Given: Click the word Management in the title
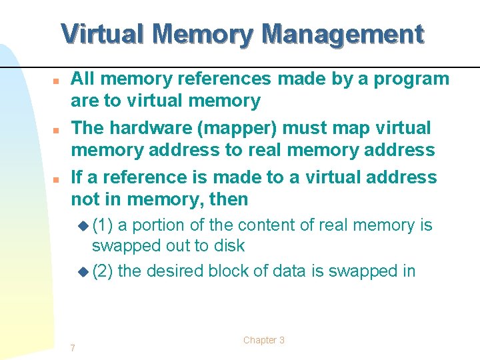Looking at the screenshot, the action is click(343, 33).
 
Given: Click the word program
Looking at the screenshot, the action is click(412, 79).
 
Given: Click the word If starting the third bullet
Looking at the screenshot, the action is click(77, 177).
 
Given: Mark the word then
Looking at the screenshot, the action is click(227, 199).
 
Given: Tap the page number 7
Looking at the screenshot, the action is click(73, 347).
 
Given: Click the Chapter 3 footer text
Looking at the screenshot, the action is click(264, 340).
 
